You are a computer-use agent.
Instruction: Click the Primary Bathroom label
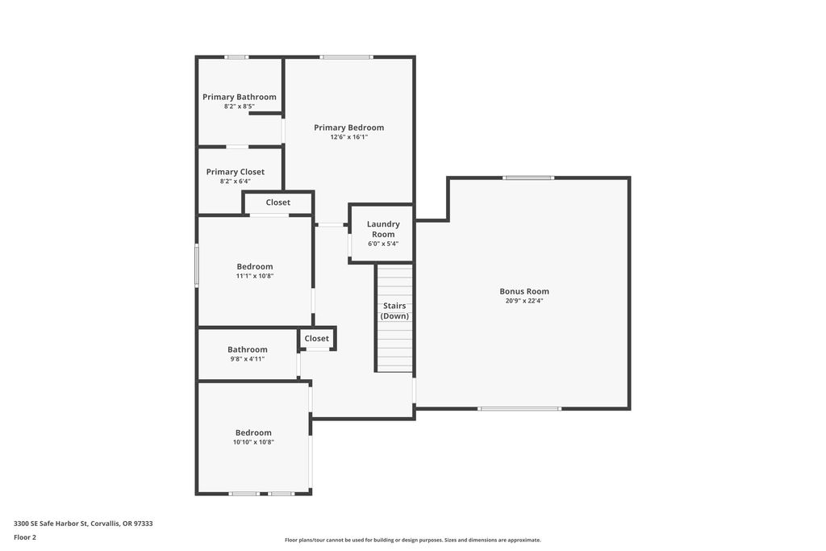click(x=239, y=97)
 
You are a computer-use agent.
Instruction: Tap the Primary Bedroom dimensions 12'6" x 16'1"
click(x=348, y=137)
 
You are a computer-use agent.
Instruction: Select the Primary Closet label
click(x=235, y=172)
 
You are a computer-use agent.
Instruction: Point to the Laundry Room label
click(x=383, y=229)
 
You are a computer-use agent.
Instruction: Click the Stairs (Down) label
click(x=394, y=311)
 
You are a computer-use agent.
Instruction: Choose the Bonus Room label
click(x=524, y=291)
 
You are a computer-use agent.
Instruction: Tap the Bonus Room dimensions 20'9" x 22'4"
click(x=524, y=301)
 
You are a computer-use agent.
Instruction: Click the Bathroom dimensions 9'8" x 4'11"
click(x=247, y=359)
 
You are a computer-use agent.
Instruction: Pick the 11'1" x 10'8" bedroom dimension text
click(x=255, y=276)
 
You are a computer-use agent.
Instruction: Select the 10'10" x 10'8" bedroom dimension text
click(x=253, y=442)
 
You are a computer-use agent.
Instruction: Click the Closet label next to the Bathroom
click(x=316, y=339)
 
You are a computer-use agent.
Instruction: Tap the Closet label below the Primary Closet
click(x=277, y=202)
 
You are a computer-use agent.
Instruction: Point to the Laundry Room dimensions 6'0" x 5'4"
click(x=383, y=244)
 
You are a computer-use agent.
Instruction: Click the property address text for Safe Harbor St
click(x=83, y=524)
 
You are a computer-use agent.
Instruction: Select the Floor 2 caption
click(x=25, y=537)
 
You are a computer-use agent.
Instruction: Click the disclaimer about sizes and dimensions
click(x=413, y=540)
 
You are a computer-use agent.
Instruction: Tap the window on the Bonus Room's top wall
click(x=528, y=178)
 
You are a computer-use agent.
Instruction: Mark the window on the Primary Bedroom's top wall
click(x=346, y=57)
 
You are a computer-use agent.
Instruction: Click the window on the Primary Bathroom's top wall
click(x=236, y=57)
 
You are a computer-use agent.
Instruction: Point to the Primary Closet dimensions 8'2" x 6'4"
click(x=235, y=182)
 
